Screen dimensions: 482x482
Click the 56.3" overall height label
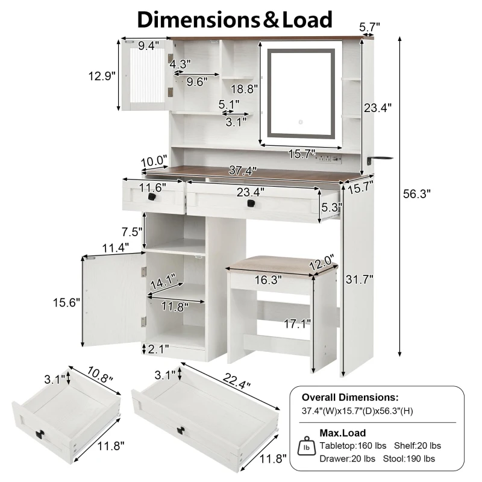[x=416, y=193]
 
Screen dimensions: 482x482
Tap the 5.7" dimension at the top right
[x=369, y=27]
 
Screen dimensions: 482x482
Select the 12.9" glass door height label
[x=102, y=76]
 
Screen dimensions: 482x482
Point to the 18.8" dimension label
[x=244, y=89]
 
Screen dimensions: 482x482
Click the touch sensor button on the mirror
[x=301, y=122]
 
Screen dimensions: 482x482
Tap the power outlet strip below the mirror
[x=328, y=158]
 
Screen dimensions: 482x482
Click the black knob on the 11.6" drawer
[x=152, y=196]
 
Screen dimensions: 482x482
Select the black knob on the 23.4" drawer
[x=251, y=203]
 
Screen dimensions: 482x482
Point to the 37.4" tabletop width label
[x=243, y=171]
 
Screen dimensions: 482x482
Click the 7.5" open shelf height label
[x=132, y=231]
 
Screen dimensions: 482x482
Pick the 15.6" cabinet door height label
[x=66, y=302]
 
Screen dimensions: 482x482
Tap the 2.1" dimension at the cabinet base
[x=158, y=349]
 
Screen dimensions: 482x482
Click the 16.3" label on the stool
[x=268, y=280]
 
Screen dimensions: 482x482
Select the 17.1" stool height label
[x=297, y=324]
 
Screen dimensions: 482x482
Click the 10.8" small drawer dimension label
[x=99, y=374]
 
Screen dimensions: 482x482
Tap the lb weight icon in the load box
[x=307, y=446]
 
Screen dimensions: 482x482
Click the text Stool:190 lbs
[x=409, y=459]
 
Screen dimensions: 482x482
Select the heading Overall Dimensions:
[x=350, y=397]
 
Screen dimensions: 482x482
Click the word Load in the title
[x=307, y=19]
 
